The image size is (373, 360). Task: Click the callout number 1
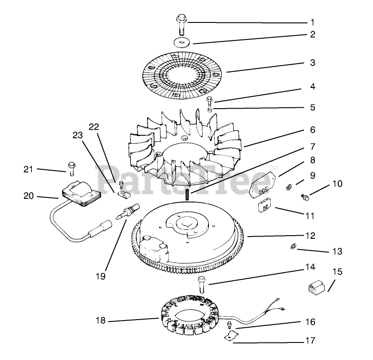click(312, 22)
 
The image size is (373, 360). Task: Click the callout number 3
click(312, 62)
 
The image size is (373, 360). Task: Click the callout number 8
click(312, 159)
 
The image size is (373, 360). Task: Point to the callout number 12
click(310, 235)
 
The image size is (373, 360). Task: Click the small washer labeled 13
click(292, 246)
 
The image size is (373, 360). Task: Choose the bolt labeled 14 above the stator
click(201, 285)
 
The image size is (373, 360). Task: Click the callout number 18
click(100, 320)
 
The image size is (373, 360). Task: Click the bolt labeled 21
click(71, 167)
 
